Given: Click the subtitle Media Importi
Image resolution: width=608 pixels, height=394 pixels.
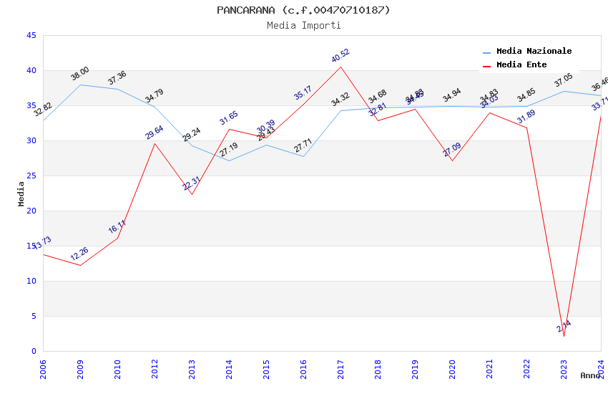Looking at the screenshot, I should click(303, 25).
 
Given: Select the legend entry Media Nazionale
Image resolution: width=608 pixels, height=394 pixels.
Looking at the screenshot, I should click(534, 52).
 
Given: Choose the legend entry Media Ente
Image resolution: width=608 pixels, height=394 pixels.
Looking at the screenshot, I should click(521, 65).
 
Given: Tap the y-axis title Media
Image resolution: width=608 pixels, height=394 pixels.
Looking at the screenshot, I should click(21, 193).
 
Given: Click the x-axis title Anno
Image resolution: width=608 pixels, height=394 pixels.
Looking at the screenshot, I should click(590, 375).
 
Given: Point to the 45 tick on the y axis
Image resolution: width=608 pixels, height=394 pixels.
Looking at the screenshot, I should click(31, 35).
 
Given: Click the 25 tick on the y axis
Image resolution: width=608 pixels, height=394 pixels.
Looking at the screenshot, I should click(31, 176).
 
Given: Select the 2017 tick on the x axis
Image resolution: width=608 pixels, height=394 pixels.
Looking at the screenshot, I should click(340, 368).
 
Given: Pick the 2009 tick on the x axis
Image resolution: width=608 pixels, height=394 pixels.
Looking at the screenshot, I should click(80, 368).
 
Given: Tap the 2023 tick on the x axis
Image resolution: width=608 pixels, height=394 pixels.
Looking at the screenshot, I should click(564, 368).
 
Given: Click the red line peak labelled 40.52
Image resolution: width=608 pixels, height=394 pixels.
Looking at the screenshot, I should click(340, 67).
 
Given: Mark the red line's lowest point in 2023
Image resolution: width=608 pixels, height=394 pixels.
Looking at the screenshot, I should click(564, 336).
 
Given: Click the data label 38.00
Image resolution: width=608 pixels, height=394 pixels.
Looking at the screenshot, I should click(80, 73).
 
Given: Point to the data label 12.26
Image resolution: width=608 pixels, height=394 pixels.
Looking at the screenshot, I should click(79, 254).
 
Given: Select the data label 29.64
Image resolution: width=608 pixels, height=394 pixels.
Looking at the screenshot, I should click(155, 132).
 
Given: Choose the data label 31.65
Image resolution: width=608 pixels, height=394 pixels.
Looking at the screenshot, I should click(229, 118).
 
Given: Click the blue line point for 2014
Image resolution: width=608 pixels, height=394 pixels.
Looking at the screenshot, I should click(229, 160).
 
